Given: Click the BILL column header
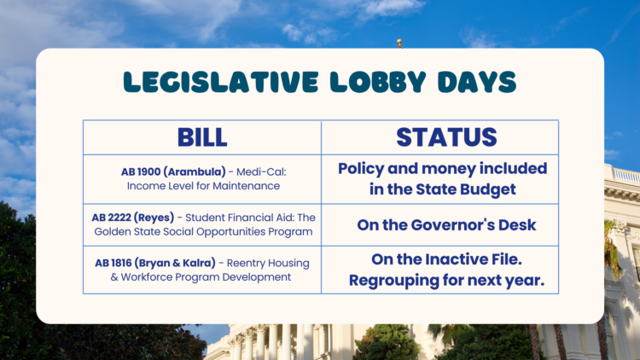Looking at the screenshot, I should (x=202, y=137).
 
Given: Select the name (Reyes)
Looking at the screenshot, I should (x=160, y=218).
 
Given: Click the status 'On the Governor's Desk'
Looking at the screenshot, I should (x=440, y=225).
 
